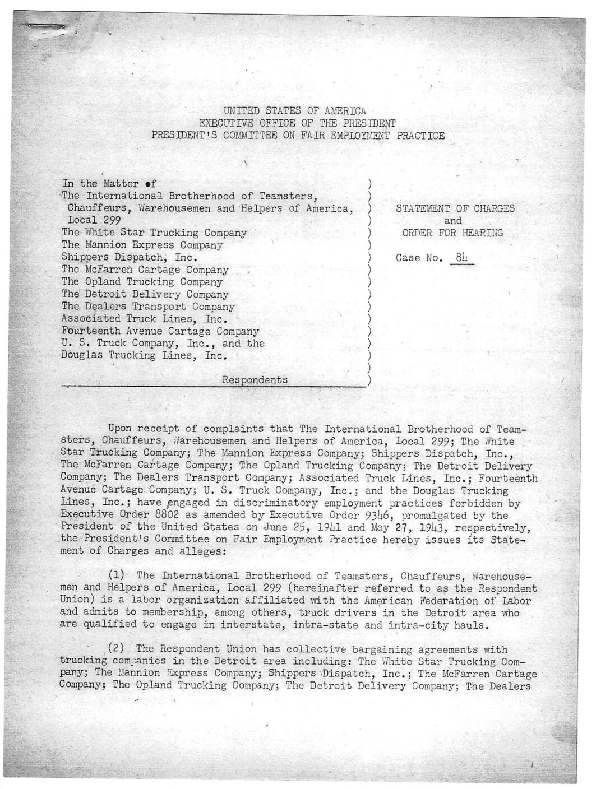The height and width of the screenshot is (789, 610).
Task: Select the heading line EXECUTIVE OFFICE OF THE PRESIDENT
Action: pyautogui.click(x=297, y=123)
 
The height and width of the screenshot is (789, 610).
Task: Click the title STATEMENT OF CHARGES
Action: pyautogui.click(x=455, y=208)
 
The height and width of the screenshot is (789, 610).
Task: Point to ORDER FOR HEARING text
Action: pyautogui.click(x=452, y=233)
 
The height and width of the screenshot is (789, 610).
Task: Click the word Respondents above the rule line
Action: pyautogui.click(x=255, y=379)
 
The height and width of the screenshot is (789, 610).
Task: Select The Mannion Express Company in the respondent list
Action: pyautogui.click(x=142, y=245)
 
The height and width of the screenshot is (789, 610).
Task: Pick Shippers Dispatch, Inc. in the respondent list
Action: pyautogui.click(x=130, y=258)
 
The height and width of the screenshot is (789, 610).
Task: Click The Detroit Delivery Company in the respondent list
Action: pyautogui.click(x=145, y=294)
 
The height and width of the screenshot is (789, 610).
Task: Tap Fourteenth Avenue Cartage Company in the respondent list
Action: pyautogui.click(x=160, y=331)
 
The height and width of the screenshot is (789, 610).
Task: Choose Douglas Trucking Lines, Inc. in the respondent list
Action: pyautogui.click(x=144, y=355)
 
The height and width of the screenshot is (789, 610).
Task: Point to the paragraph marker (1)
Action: pyautogui.click(x=118, y=575)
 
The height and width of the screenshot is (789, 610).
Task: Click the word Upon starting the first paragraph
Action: pyautogui.click(x=119, y=429)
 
